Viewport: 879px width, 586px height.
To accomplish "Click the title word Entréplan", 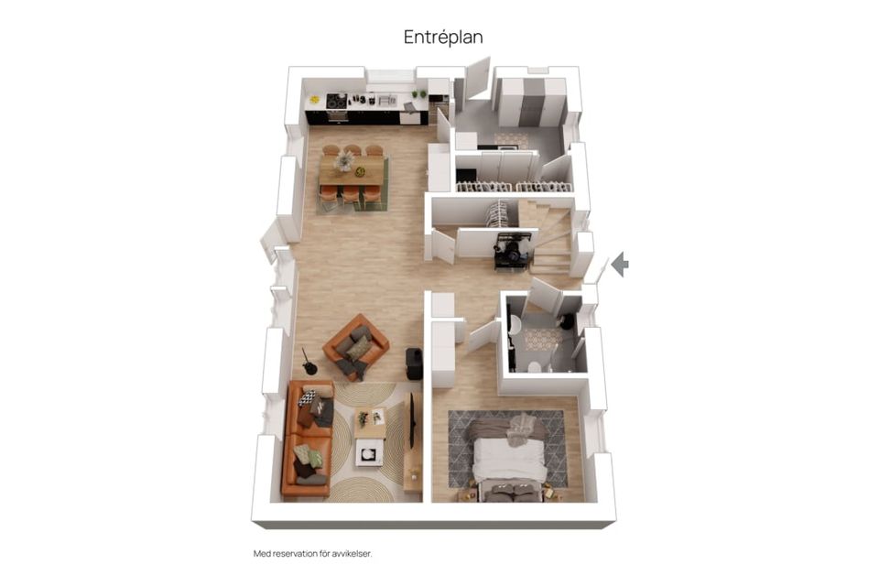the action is [443, 38].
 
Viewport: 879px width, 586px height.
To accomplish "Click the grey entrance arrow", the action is [620, 264].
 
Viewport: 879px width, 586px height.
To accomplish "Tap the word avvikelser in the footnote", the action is [351, 553].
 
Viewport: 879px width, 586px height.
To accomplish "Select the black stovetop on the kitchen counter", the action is [336, 101].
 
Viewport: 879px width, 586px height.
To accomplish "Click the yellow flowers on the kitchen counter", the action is [314, 100].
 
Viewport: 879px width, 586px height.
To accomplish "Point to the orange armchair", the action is [355, 347].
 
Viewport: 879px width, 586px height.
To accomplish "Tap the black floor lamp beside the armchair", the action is [309, 363].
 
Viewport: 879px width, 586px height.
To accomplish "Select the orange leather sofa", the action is [308, 439].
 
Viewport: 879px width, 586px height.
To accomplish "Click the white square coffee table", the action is [369, 452].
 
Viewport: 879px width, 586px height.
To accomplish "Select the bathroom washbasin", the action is [515, 323].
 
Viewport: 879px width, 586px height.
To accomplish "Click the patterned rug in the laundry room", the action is [511, 139].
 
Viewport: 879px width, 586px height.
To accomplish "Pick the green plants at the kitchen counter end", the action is [418, 94].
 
